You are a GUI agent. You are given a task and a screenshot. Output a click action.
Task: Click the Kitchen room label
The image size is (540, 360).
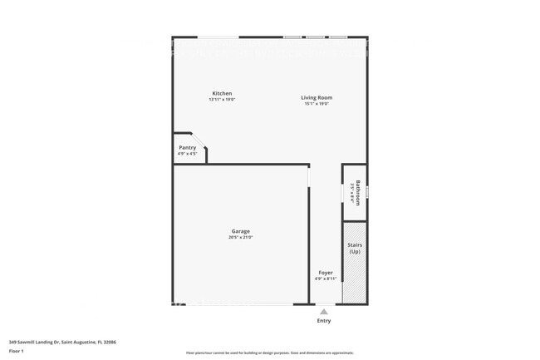(x=222, y=93)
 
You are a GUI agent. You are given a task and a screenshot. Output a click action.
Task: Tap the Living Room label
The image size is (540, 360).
(x=317, y=97)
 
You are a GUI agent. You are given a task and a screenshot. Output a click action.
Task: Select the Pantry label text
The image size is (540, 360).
(x=187, y=147)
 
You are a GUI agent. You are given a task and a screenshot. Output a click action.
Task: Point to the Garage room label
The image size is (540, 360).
(x=241, y=231)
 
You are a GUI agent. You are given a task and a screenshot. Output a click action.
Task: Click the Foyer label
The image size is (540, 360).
(x=326, y=272)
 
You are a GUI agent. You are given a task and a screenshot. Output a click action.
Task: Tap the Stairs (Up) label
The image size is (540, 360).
(x=355, y=248)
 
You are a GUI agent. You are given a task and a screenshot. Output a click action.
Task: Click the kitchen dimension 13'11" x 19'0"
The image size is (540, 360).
(x=222, y=100)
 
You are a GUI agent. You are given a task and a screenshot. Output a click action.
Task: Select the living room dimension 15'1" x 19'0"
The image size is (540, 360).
(x=317, y=104)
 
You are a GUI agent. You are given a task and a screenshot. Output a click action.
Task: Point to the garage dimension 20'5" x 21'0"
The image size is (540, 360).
(x=241, y=238)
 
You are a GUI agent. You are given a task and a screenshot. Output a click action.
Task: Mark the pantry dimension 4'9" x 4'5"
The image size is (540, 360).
(x=187, y=154)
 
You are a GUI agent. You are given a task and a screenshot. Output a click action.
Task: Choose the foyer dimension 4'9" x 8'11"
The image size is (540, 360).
(x=326, y=279)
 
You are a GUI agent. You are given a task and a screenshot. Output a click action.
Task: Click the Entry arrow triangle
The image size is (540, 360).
(x=324, y=312)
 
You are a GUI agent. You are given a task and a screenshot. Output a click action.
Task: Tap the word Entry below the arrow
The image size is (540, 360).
(x=324, y=321)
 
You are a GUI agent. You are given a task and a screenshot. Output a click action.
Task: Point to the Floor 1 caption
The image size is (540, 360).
(x=17, y=352)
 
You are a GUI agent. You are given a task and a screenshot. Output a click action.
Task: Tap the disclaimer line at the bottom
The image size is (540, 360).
(x=270, y=353)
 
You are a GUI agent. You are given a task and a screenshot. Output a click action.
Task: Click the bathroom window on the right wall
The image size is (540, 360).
(x=367, y=191)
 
